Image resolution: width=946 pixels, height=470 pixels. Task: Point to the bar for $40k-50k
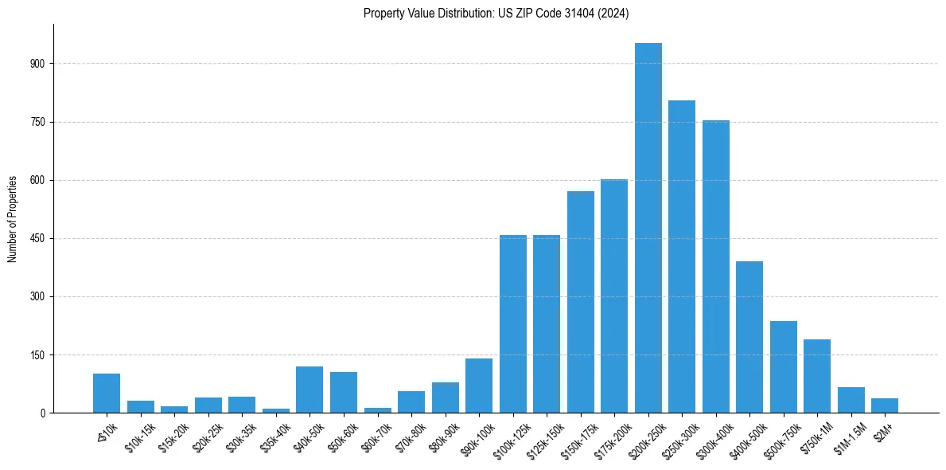click(309, 390)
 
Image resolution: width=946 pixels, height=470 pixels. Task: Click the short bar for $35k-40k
click(276, 410)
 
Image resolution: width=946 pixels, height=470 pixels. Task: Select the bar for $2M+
click(885, 405)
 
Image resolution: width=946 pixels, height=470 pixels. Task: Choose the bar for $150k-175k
click(581, 302)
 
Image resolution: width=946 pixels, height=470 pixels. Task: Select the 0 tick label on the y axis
click(44, 413)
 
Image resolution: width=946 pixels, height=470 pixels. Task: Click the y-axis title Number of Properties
click(12, 219)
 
